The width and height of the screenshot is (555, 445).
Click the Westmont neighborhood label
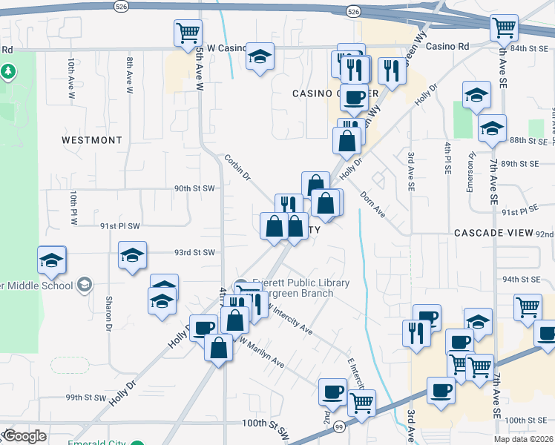91,139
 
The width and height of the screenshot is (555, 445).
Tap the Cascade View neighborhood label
494,232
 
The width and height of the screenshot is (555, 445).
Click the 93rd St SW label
194,252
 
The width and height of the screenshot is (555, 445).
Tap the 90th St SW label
194,188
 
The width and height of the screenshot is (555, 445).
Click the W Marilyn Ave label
261,352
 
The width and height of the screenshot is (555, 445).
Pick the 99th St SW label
85,398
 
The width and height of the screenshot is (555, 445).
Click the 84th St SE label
528,47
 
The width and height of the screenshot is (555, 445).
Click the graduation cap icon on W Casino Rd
260,56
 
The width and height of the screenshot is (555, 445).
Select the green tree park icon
9,72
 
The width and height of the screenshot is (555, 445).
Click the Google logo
24,436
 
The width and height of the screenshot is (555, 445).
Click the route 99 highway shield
339,426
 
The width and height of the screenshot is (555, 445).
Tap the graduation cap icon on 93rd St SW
133,256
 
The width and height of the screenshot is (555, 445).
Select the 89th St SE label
519,163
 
